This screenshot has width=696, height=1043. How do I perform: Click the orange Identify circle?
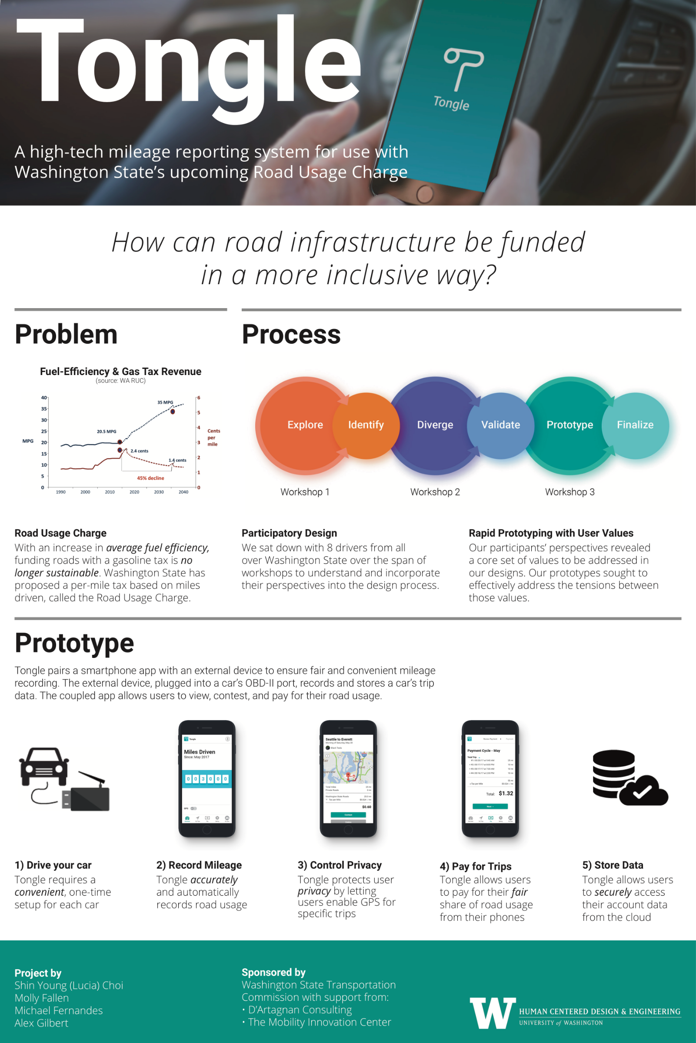tap(366, 425)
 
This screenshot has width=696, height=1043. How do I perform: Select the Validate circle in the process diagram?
tap(500, 425)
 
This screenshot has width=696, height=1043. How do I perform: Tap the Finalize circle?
tap(635, 425)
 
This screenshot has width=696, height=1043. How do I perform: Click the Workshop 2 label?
tap(435, 492)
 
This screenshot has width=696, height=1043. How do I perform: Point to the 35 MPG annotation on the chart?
tap(165, 402)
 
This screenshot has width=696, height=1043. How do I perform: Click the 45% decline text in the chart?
tap(150, 478)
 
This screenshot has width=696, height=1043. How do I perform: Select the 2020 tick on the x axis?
tap(134, 492)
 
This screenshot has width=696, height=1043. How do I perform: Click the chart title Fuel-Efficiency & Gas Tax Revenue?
tap(121, 371)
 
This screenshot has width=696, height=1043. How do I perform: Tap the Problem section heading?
tap(66, 335)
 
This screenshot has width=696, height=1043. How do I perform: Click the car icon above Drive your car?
tap(44, 766)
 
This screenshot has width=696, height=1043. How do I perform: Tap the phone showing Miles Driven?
tap(207, 779)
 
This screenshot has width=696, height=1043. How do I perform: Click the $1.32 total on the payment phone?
tap(506, 793)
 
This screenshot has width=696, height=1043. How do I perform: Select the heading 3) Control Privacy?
tap(340, 865)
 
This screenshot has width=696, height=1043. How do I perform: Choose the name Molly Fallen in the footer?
tap(42, 998)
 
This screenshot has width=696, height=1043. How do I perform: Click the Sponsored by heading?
tap(273, 972)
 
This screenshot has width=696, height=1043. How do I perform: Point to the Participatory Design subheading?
tap(289, 533)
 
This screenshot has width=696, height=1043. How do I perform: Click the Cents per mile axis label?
tap(213, 438)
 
